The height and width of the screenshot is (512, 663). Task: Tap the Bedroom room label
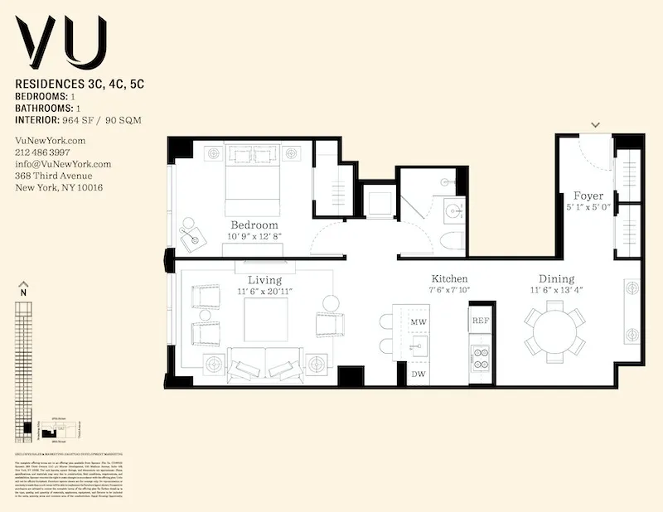coord(254,225)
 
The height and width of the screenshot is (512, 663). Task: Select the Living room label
coord(264,280)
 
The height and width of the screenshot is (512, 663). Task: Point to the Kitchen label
coord(449,279)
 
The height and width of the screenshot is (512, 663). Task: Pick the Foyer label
coord(588,196)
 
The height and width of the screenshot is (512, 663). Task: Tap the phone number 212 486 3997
coord(43,153)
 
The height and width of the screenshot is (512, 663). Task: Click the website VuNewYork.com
coord(51,142)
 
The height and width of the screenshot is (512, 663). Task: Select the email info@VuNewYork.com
coord(63,164)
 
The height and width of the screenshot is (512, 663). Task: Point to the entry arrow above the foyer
coord(595,125)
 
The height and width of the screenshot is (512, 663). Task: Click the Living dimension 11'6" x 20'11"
coord(264,292)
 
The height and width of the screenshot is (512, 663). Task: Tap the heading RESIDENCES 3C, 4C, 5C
coord(80,85)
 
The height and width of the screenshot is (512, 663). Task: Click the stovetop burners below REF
coord(481,356)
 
